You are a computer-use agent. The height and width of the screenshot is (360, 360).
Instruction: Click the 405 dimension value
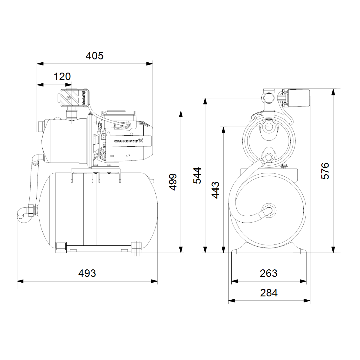click(94, 56)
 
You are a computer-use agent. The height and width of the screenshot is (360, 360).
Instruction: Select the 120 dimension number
click(62, 77)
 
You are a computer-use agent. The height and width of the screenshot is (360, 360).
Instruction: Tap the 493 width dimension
click(87, 273)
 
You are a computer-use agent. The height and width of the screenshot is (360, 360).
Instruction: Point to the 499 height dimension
click(173, 182)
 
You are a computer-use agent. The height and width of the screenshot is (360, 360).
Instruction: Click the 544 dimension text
click(197, 175)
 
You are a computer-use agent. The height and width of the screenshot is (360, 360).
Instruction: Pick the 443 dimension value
click(216, 190)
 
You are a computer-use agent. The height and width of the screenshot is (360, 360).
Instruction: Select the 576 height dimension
click(325, 171)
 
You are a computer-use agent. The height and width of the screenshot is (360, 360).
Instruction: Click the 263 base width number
click(268, 273)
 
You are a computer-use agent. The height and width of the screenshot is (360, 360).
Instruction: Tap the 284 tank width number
click(268, 293)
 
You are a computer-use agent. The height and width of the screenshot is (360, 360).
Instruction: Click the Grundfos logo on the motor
click(129, 141)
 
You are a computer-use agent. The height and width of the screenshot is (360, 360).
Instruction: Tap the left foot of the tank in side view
click(61, 247)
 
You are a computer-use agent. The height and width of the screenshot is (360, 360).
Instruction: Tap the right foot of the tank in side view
click(136, 247)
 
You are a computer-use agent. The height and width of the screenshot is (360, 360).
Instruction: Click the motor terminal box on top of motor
click(119, 114)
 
